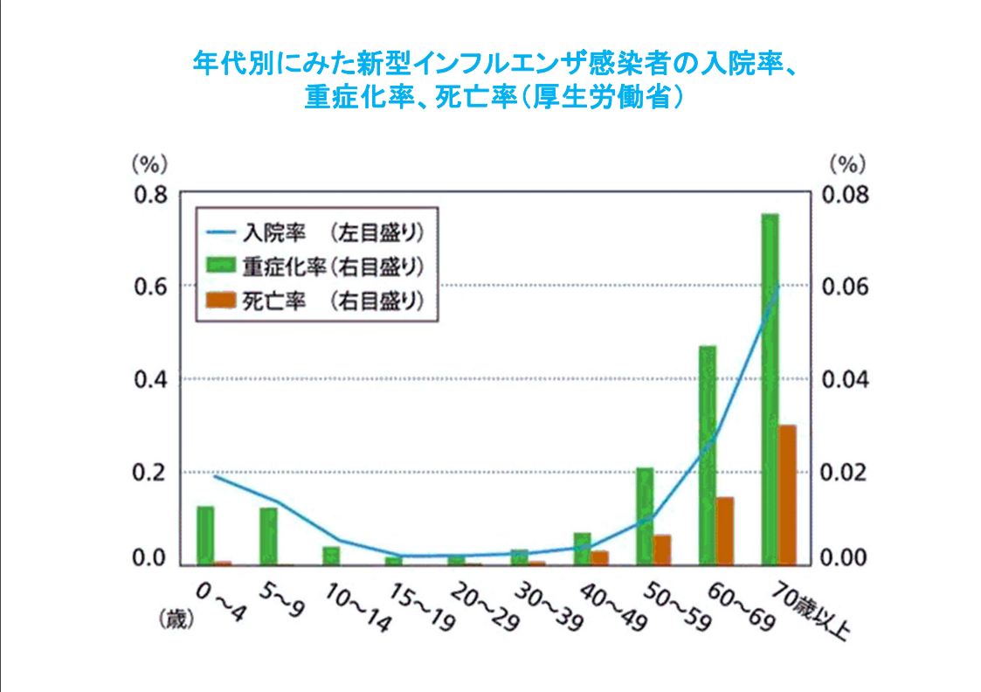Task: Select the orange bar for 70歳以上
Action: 787,495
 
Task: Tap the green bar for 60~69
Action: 707,454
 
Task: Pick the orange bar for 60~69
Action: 724,530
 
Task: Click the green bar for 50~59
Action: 644,516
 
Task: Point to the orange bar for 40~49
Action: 599,557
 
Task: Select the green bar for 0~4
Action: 204,535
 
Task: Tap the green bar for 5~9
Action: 267,536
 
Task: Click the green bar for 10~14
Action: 330,556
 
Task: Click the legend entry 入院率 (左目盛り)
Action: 314,232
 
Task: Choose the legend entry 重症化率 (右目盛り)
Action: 314,266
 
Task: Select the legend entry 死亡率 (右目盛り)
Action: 314,301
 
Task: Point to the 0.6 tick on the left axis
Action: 149,287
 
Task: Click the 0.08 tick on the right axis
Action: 845,194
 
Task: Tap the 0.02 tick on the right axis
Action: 845,473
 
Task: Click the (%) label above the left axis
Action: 149,163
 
